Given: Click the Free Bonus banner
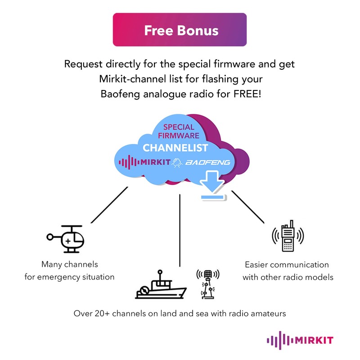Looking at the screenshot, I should click(x=180, y=30).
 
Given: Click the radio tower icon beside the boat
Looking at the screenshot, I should click(x=207, y=283).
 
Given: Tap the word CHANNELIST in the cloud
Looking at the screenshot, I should click(x=175, y=148).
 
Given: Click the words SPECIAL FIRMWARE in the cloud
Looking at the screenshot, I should click(x=179, y=131).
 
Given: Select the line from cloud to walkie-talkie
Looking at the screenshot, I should click(x=247, y=207).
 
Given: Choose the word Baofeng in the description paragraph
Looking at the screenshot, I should click(x=117, y=94).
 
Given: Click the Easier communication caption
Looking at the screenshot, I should click(x=287, y=265).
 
